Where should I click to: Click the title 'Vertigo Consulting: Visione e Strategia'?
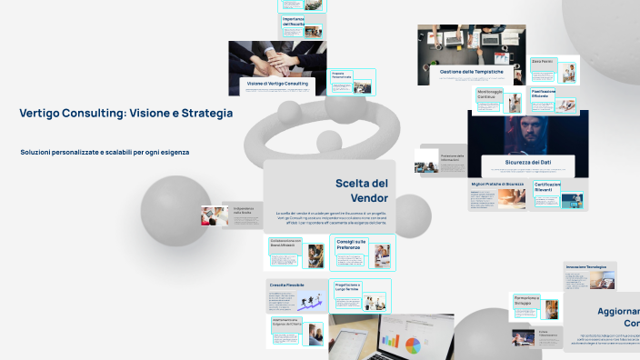click(x=125, y=114)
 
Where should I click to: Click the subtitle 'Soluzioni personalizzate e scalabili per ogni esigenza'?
click(x=105, y=152)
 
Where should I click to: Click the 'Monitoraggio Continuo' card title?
click(x=491, y=94)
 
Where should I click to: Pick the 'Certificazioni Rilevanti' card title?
click(x=547, y=186)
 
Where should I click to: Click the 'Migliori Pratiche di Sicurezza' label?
click(x=497, y=184)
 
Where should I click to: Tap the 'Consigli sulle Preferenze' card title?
click(x=350, y=245)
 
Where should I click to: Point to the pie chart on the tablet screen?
click(x=415, y=345)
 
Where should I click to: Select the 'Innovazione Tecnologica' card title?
click(x=585, y=266)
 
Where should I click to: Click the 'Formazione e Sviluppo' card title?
click(x=526, y=300)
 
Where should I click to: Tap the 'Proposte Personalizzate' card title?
click(x=342, y=75)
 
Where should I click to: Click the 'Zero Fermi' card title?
click(x=542, y=61)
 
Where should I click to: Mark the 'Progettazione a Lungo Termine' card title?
click(x=347, y=287)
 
